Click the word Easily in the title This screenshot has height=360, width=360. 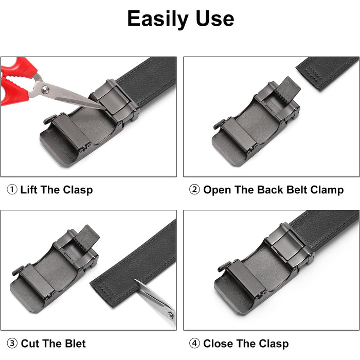(x=158, y=19)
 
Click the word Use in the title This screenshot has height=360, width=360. (x=215, y=19)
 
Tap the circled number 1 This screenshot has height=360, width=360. (x=12, y=190)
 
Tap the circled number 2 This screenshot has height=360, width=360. (x=194, y=190)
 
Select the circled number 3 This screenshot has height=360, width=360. (x=12, y=344)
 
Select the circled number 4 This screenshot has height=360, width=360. (x=194, y=344)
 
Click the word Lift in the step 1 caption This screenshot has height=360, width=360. (x=29, y=190)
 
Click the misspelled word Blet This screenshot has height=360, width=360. (x=75, y=344)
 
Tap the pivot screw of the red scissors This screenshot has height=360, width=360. (x=45, y=89)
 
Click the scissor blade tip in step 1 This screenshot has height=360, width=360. (x=105, y=109)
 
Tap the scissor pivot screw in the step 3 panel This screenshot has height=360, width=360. (x=170, y=315)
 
